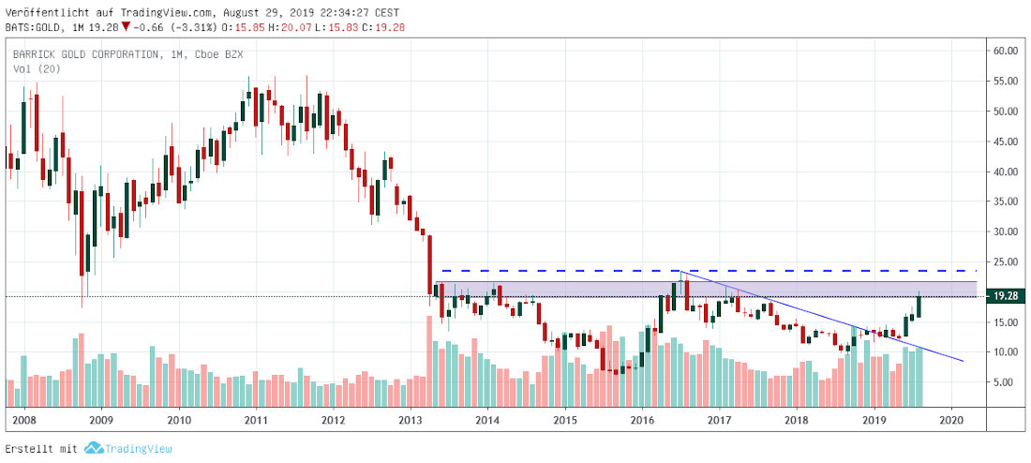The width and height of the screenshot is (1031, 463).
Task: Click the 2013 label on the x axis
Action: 411,420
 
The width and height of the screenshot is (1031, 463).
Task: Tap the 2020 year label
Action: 952,420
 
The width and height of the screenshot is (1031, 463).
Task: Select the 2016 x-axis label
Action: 642,420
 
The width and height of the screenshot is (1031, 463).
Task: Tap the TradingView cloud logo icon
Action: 93,449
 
